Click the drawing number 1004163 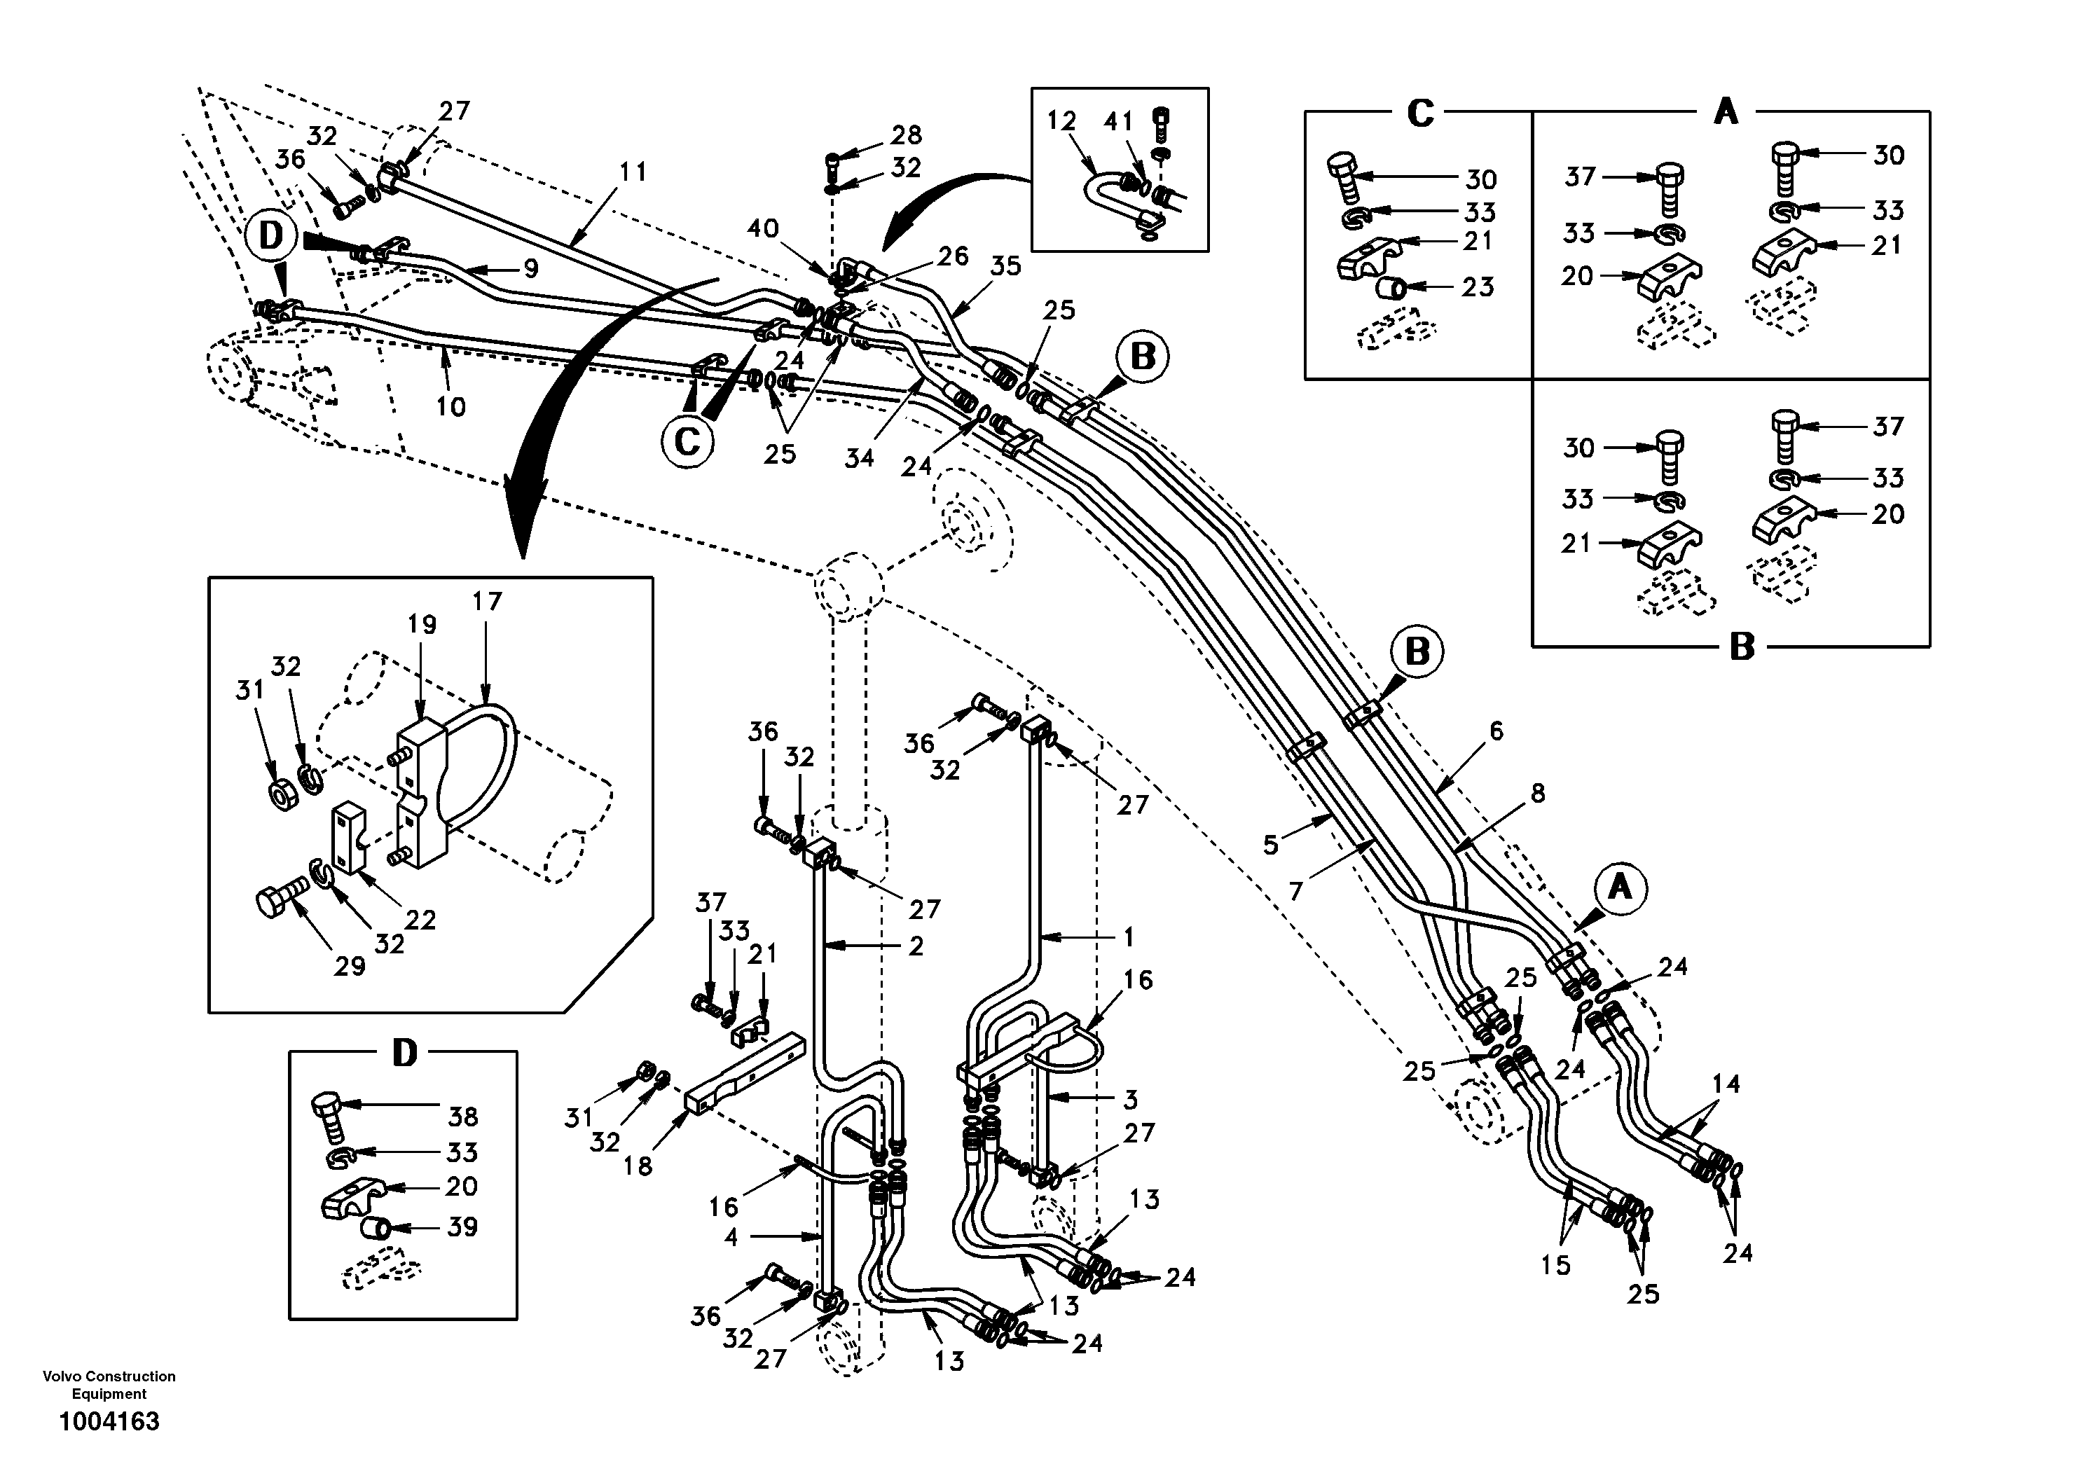tap(109, 1422)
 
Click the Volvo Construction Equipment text tap(109, 1385)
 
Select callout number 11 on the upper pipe tap(633, 172)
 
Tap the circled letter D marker tap(270, 236)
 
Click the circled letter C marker tap(687, 441)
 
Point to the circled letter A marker tap(1620, 888)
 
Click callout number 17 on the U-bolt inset tap(488, 601)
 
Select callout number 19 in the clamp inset tap(422, 625)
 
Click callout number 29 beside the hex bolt tap(350, 966)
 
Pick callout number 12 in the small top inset tap(1061, 120)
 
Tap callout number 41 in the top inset tap(1120, 120)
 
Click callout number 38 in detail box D tap(462, 1116)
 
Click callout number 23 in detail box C tap(1478, 287)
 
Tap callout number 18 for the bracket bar tap(638, 1166)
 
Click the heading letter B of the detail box tap(1741, 647)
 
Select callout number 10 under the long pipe tap(450, 406)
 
